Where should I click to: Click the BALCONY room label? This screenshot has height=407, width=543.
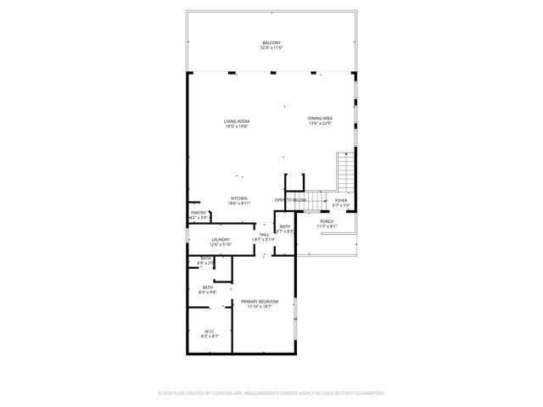click(271, 42)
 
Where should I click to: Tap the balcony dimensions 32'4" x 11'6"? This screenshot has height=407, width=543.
click(271, 47)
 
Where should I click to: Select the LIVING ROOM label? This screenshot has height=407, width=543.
click(237, 121)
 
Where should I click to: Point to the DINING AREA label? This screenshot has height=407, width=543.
click(320, 118)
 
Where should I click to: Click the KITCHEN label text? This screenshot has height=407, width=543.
click(238, 198)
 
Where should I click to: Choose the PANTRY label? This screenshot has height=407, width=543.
click(198, 214)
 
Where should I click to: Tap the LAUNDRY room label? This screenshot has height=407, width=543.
click(221, 240)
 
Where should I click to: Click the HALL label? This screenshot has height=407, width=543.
click(264, 234)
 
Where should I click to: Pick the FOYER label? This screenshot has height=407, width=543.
click(340, 200)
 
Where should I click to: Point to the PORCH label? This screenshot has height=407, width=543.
click(327, 221)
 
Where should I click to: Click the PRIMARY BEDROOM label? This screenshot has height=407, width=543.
click(260, 301)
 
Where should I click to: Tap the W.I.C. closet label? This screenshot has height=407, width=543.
click(210, 331)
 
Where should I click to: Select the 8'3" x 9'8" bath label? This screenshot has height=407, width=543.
click(207, 289)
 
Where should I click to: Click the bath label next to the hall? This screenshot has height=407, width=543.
click(285, 226)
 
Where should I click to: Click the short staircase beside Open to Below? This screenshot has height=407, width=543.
click(316, 200)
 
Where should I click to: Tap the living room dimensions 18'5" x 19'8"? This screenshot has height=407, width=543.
click(237, 126)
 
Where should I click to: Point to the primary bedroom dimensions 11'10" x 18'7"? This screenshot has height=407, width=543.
click(260, 306)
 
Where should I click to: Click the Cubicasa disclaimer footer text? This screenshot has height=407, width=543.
click(271, 393)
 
